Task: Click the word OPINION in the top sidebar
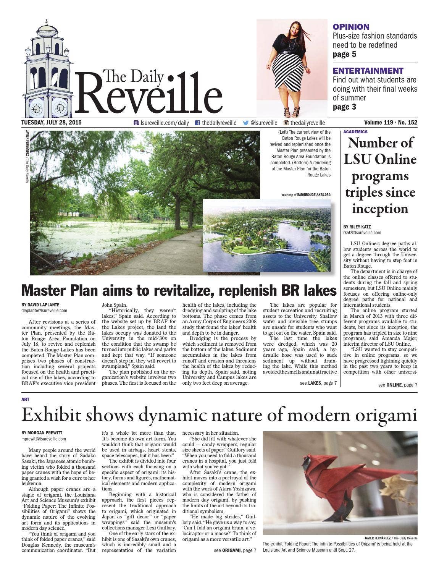(351, 27)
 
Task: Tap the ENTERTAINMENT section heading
(368, 71)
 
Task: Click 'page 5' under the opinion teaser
(344, 54)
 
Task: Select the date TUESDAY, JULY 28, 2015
(51, 123)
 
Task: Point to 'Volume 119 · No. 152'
(390, 123)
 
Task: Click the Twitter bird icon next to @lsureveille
(246, 123)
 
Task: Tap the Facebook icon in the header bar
(197, 123)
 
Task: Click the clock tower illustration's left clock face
(36, 109)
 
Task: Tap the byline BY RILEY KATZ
(357, 227)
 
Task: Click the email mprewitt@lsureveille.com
(44, 439)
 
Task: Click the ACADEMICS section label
(355, 132)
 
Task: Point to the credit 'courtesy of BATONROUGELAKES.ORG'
(306, 194)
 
